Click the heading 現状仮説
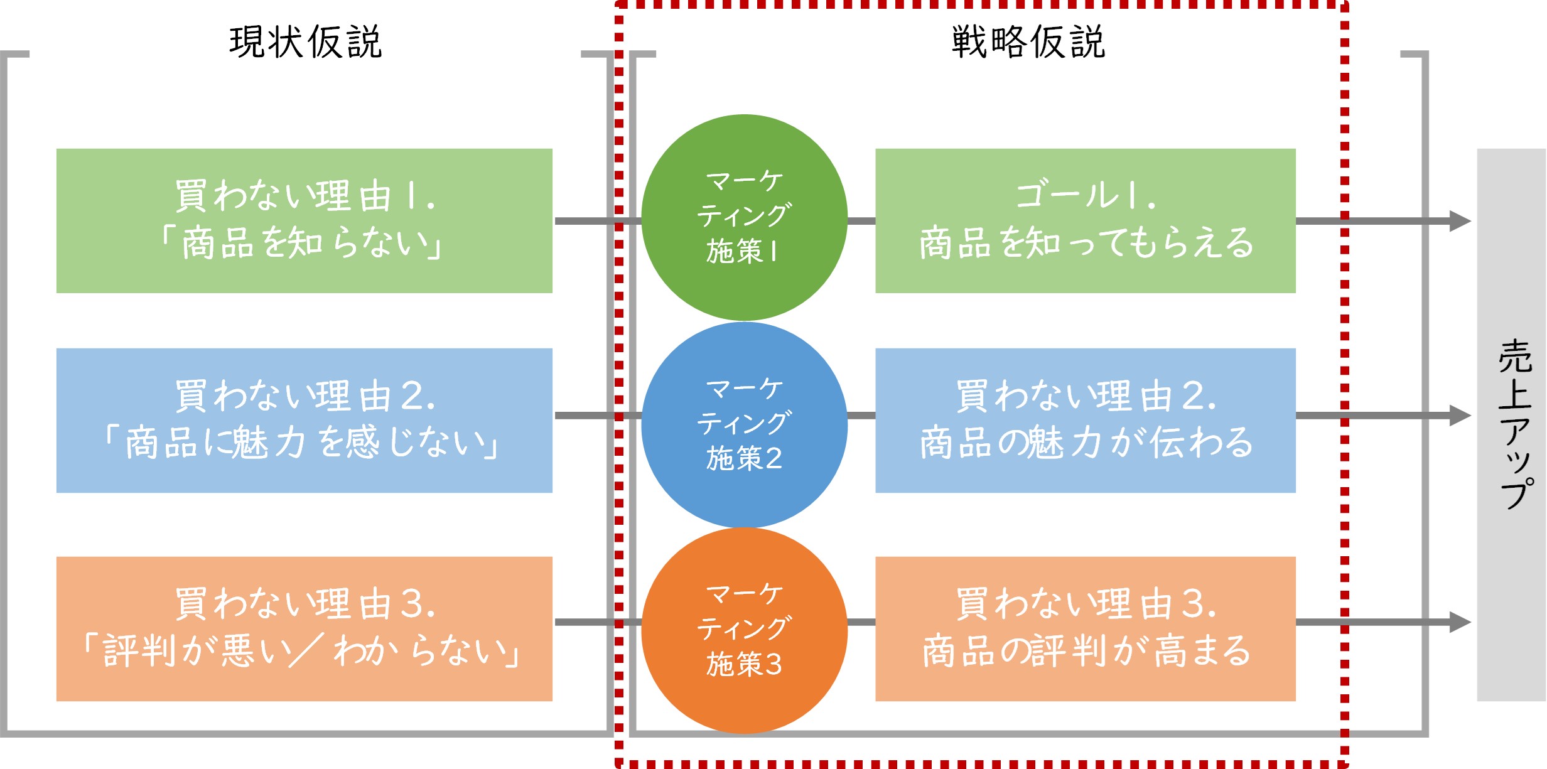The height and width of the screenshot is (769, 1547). pos(306,42)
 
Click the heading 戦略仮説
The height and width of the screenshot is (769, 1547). pos(1028,42)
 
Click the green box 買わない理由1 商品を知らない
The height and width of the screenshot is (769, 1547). pos(304,220)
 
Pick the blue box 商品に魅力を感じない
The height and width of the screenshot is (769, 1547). pos(304,420)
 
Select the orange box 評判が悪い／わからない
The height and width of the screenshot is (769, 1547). pos(304,628)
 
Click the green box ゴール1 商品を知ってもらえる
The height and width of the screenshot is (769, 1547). pos(1085,220)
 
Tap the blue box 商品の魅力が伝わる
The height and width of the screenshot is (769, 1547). pos(1085,420)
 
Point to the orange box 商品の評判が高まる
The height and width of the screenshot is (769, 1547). pos(1085,628)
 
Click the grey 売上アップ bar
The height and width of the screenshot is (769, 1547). pos(1511,424)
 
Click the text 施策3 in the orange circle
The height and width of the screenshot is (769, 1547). pos(744,664)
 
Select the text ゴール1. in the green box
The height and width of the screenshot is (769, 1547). pos(1085,196)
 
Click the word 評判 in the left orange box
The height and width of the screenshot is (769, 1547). pos(139,650)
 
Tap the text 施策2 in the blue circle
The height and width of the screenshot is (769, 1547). pos(744,458)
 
